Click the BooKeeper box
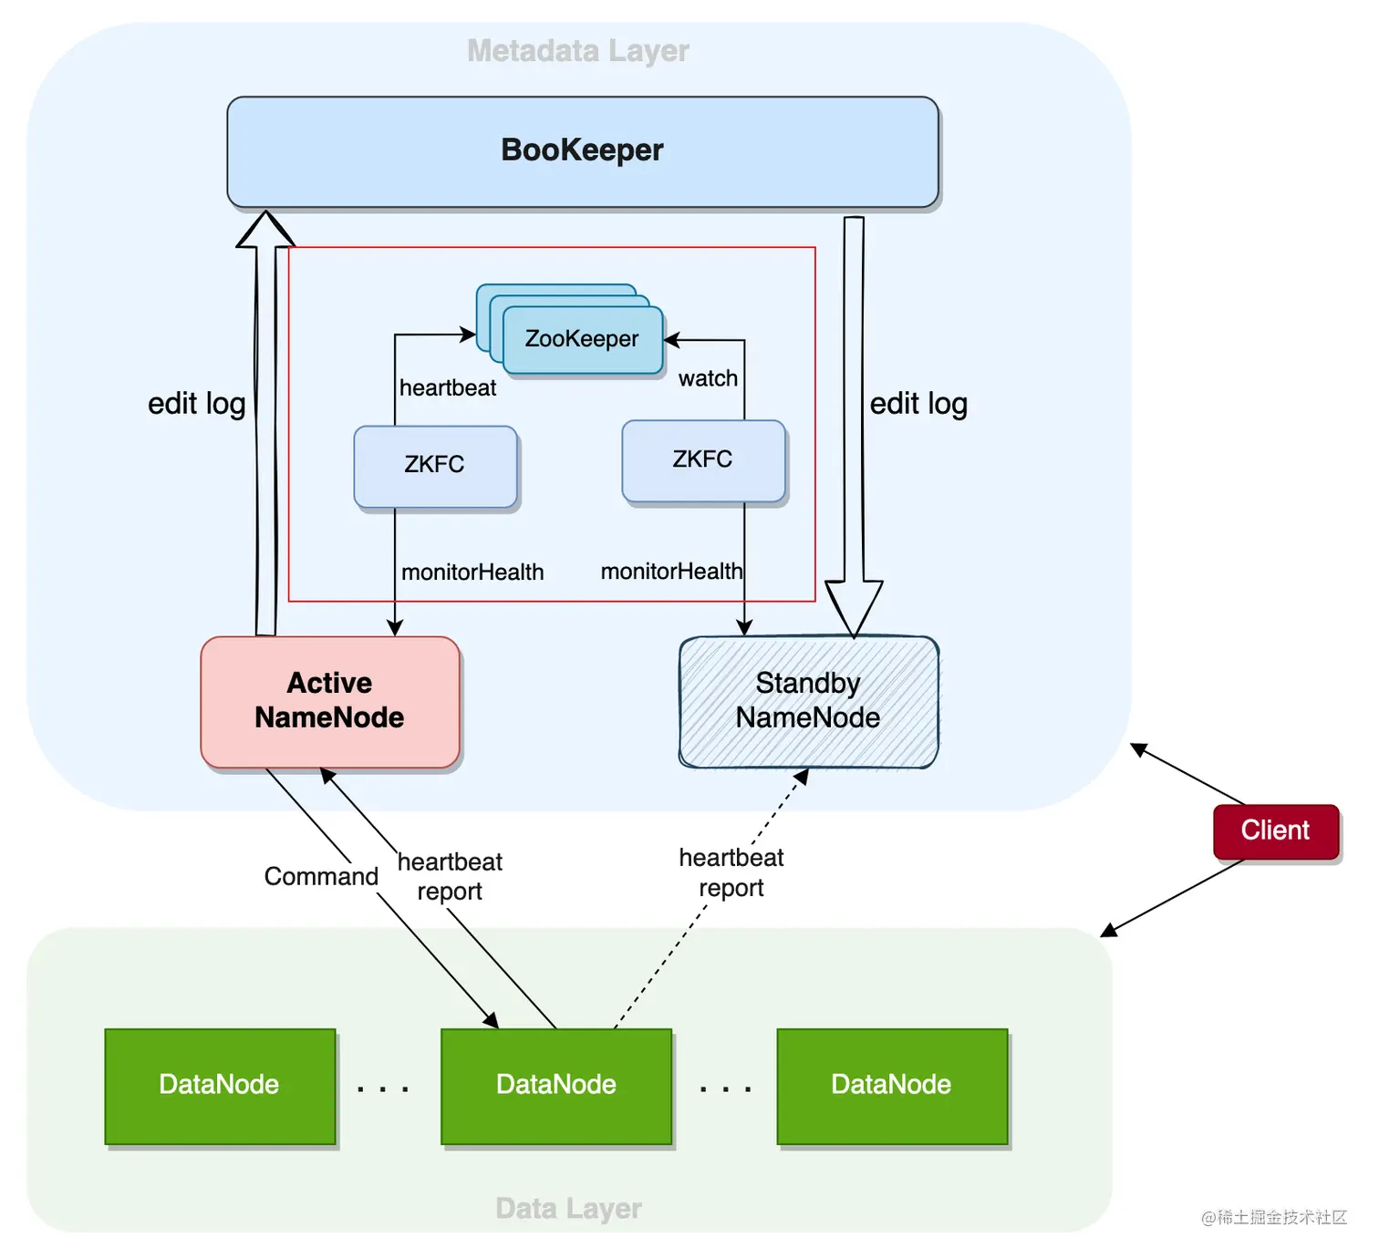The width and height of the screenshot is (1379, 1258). (x=582, y=151)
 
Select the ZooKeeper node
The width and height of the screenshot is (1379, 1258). (x=582, y=339)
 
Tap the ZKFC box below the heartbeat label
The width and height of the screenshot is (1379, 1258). (x=435, y=466)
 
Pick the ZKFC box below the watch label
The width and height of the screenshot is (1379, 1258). (x=703, y=460)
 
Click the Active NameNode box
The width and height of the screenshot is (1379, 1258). (x=329, y=701)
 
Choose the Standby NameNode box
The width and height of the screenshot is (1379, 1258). (x=808, y=701)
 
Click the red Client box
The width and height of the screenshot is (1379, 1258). (x=1275, y=830)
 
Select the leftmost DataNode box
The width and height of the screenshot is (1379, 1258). (x=220, y=1085)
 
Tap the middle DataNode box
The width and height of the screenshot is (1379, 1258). (x=556, y=1085)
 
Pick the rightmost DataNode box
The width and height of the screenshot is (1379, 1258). (x=891, y=1085)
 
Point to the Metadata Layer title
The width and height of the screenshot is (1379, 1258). (x=578, y=51)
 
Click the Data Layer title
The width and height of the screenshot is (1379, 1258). (x=568, y=1209)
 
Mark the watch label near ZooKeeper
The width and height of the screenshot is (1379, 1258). (x=708, y=378)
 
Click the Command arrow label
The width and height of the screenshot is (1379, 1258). (x=321, y=877)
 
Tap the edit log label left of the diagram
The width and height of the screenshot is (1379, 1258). (x=197, y=404)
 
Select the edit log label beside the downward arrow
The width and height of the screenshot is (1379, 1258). (x=918, y=404)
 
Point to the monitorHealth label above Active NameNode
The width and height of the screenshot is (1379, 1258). (x=472, y=572)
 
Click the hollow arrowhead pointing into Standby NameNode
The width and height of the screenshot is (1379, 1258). (x=854, y=605)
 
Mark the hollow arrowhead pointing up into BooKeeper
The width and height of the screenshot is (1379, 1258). (x=265, y=230)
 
